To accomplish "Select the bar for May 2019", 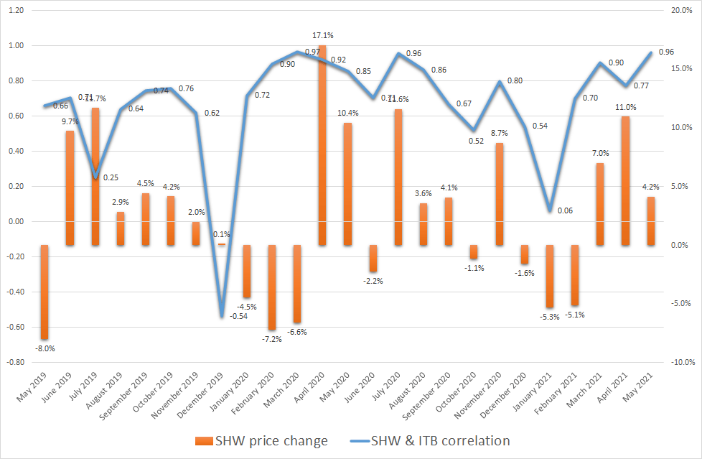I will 45,292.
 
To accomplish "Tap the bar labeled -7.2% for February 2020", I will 271,287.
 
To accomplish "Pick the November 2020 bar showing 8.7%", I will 499,194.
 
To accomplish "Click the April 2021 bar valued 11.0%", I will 625,180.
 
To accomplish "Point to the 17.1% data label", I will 322,35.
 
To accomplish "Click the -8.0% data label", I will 45,348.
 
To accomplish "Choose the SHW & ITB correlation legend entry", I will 438,440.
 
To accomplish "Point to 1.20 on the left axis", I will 15,11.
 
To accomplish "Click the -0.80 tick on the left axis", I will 14,362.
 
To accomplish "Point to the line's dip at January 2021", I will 550,210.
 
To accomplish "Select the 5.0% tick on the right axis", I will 680,187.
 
